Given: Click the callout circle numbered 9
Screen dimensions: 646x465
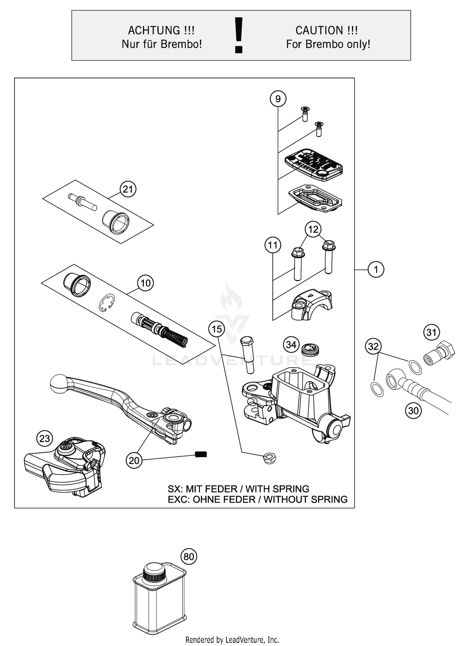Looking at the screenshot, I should pos(278,99).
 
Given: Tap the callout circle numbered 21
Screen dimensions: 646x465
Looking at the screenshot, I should pos(128,189).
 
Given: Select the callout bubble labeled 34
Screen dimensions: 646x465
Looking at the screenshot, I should pos(291,344).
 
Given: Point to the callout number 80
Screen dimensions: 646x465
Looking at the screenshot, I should pos(189,556).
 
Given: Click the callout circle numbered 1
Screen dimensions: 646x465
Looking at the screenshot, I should pos(376,269).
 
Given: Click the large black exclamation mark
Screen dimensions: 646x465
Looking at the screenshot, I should pos(238,35).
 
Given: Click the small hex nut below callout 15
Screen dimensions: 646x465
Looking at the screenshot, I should pos(269,458).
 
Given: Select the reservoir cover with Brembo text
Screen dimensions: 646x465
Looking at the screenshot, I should pos(314,164).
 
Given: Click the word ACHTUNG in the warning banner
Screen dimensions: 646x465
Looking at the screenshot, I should pos(154,30).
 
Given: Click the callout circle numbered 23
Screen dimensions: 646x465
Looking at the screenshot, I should pos(45,439).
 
